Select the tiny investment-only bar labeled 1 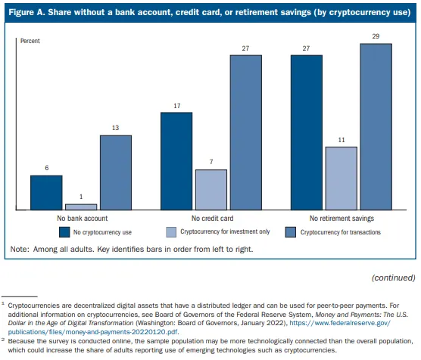click(81, 206)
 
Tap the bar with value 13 click(116, 172)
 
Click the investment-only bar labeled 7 click(210, 189)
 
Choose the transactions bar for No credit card click(246, 132)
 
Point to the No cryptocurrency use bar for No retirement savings click(307, 132)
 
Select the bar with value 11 click(341, 178)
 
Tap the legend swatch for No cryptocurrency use click(67, 231)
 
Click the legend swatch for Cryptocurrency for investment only click(172, 231)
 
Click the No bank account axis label click(81, 217)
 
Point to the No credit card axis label click(210, 217)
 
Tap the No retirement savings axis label click(341, 217)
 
